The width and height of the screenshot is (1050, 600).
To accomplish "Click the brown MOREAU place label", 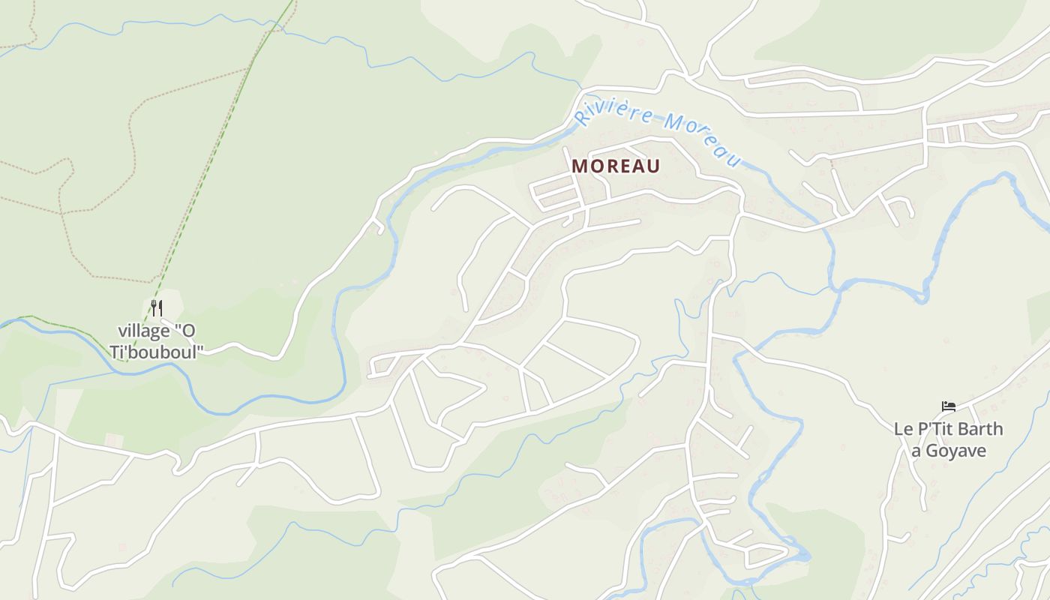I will coord(616,166).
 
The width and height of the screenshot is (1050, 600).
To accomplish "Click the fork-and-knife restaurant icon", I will coord(156,307).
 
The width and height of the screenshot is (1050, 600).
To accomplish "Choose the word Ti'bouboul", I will coord(156,351).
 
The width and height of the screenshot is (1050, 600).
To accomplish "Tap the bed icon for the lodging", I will coord(949,406).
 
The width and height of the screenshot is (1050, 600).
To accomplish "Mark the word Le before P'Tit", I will coord(902,430).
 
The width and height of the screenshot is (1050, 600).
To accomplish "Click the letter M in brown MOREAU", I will coord(580,166).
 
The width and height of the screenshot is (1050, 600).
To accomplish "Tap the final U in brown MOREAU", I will coord(653,166).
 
